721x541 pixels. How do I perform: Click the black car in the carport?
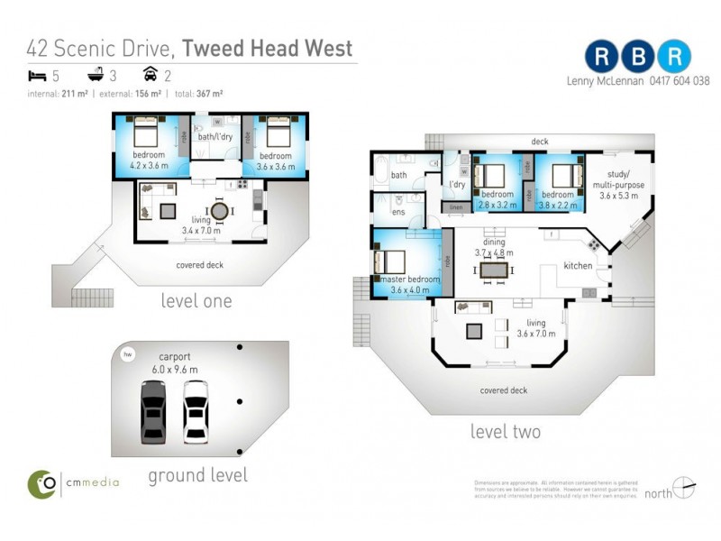pyautogui.click(x=153, y=411)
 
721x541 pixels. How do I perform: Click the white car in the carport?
pyautogui.click(x=196, y=411)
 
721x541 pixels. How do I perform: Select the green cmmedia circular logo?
pyautogui.click(x=41, y=483)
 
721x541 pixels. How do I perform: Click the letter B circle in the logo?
pyautogui.click(x=638, y=56)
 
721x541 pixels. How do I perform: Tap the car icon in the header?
pyautogui.click(x=151, y=74)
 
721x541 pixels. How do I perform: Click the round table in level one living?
pyautogui.click(x=219, y=210)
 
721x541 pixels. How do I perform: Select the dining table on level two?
pyautogui.click(x=493, y=270)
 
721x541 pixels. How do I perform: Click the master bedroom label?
pyautogui.click(x=410, y=280)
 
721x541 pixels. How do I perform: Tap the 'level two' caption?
pyautogui.click(x=506, y=432)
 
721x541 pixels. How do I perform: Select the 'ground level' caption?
pyautogui.click(x=197, y=474)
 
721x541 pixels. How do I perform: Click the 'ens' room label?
pyautogui.click(x=397, y=212)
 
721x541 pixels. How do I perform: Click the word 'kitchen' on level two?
pyautogui.click(x=578, y=266)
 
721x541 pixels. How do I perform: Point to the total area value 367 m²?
pyautogui.click(x=210, y=93)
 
